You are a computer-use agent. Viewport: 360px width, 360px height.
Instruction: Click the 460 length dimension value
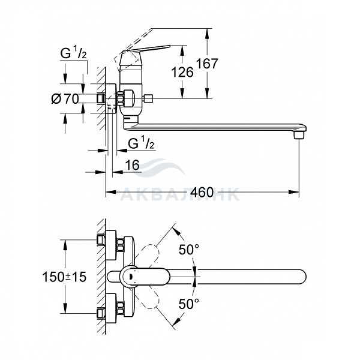click(203, 193)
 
